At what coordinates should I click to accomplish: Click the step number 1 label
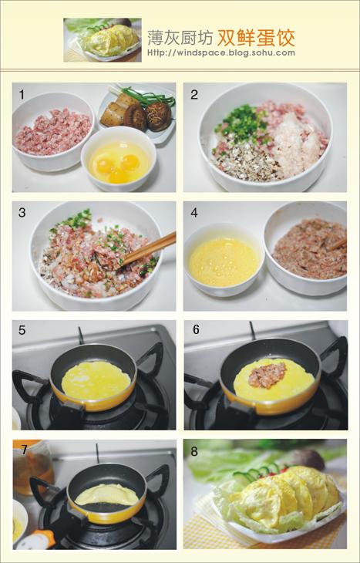(22, 95)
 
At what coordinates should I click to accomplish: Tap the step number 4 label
(193, 213)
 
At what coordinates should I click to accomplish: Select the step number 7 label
(24, 450)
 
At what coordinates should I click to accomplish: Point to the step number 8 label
(194, 451)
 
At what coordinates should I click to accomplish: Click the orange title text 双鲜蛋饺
(256, 38)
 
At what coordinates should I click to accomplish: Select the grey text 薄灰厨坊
(180, 38)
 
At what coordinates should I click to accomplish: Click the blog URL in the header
(221, 52)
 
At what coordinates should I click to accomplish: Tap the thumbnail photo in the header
(103, 40)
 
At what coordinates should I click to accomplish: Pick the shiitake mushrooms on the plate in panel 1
(148, 116)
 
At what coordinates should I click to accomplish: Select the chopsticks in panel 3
(149, 248)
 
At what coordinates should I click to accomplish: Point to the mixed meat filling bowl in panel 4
(306, 247)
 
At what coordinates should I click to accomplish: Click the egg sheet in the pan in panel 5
(96, 380)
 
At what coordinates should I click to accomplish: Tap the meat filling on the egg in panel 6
(267, 375)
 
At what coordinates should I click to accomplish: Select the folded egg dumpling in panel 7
(106, 494)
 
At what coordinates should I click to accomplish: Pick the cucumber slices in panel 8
(256, 471)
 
